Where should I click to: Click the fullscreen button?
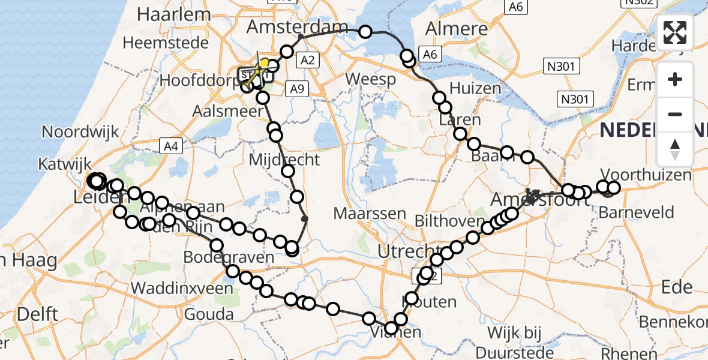click(675, 32)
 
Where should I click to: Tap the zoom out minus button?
click(675, 114)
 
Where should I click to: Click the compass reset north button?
click(675, 149)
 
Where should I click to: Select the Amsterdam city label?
click(297, 27)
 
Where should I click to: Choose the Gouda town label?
click(209, 314)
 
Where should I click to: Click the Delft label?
click(37, 314)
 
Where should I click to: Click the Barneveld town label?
click(644, 212)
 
